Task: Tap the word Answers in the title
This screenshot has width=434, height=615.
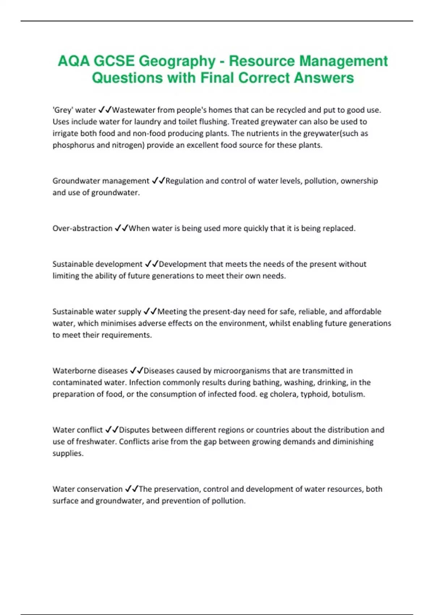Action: [x=324, y=78]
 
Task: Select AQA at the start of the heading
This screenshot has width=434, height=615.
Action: [x=73, y=61]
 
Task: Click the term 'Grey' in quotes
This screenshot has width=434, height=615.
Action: [x=63, y=110]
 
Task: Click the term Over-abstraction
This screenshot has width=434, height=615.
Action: [x=82, y=228]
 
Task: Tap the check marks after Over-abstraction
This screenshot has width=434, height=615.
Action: [x=121, y=228]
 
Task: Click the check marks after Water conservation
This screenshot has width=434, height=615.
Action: [x=131, y=489]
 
